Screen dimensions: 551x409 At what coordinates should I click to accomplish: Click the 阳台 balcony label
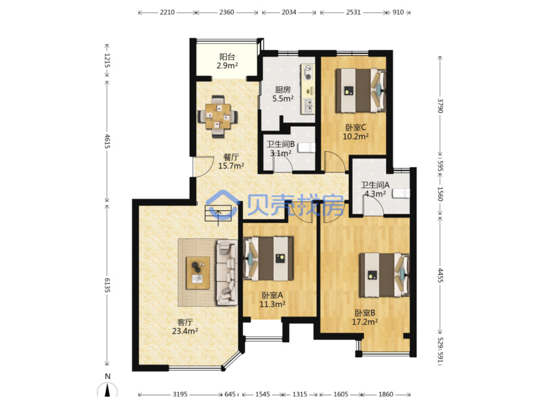click(x=227, y=57)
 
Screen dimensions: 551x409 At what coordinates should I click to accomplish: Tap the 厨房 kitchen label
click(x=283, y=89)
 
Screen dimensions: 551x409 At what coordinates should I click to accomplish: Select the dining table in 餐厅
click(x=218, y=116)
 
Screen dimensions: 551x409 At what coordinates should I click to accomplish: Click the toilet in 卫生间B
click(x=307, y=148)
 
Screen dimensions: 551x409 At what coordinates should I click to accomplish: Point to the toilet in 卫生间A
click(x=401, y=193)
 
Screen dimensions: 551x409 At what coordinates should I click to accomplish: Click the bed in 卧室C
click(x=360, y=90)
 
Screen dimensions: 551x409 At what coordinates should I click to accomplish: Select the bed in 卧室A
click(x=268, y=258)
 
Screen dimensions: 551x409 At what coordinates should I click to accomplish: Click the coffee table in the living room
click(x=198, y=273)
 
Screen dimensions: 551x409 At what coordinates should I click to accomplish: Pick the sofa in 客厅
click(x=227, y=272)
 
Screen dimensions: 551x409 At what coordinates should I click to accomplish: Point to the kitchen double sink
click(x=309, y=106)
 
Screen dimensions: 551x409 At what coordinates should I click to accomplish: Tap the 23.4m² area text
click(x=185, y=331)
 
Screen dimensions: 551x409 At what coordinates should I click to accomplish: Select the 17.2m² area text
click(x=365, y=322)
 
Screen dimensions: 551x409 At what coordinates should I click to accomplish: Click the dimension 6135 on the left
click(x=107, y=285)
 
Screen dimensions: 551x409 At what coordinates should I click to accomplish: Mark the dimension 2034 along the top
click(x=289, y=12)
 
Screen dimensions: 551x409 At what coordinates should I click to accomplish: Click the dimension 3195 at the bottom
click(x=180, y=394)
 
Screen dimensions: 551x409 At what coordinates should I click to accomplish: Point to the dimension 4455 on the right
click(x=440, y=275)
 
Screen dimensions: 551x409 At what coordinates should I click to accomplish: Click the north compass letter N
click(x=108, y=376)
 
